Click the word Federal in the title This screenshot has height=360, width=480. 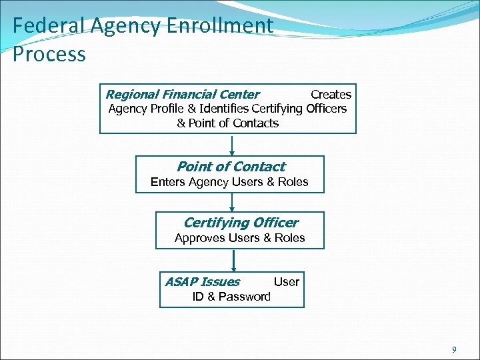(39, 25)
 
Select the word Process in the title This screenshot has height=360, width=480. (49, 53)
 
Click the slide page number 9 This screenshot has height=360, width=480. (454, 349)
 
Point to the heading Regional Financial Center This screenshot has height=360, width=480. (183, 95)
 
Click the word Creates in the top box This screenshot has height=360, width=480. (331, 95)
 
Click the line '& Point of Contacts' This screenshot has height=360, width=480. (228, 123)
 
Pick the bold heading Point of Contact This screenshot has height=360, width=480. (231, 167)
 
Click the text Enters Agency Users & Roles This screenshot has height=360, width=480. (229, 182)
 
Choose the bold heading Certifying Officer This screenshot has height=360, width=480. (241, 223)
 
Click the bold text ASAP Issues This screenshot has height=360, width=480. (203, 282)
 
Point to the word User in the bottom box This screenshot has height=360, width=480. (287, 282)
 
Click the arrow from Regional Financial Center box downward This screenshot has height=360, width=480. (231, 145)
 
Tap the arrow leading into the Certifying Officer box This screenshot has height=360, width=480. (231, 203)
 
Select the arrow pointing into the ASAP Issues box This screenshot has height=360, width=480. (233, 260)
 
